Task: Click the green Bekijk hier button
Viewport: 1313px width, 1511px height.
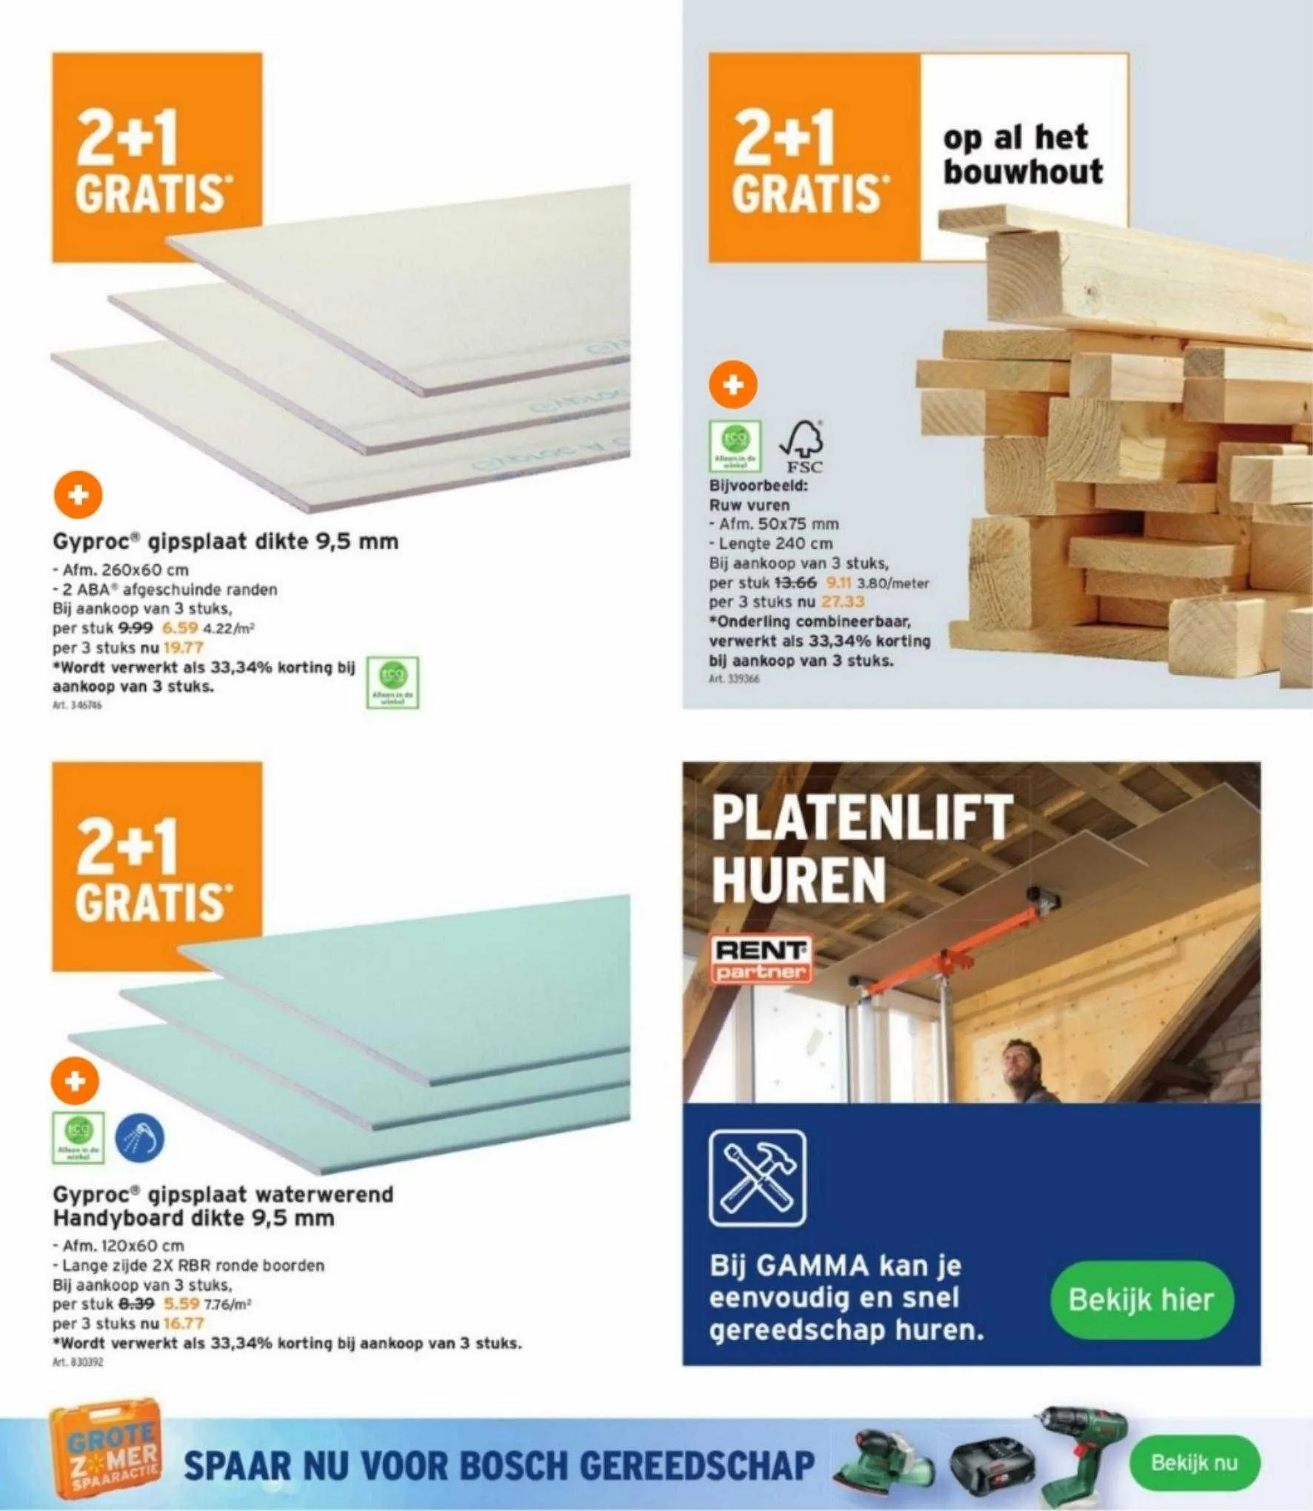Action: tap(1141, 1299)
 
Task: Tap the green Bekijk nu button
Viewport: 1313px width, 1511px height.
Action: tap(1193, 1462)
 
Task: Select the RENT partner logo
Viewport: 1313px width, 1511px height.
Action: tap(761, 960)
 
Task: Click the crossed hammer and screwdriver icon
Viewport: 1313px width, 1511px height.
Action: tap(757, 1178)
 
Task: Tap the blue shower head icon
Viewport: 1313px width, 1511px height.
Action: tap(140, 1138)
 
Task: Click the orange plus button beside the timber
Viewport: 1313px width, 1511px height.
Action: tap(732, 385)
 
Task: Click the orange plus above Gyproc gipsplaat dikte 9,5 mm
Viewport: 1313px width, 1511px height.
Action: tap(78, 495)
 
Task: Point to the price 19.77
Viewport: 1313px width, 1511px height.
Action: tap(183, 647)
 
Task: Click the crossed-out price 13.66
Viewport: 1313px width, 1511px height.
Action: tap(795, 583)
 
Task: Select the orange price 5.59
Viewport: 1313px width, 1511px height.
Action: tap(181, 1304)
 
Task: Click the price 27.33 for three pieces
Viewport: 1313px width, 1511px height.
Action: tap(842, 602)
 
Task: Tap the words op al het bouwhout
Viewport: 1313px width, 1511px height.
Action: tap(1022, 155)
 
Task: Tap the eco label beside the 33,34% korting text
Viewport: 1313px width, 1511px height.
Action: tap(392, 682)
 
